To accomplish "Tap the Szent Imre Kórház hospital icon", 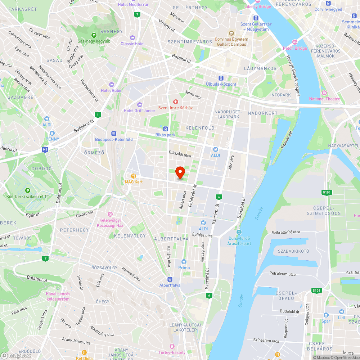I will point(176,102).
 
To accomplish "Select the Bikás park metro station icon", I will point(166,129).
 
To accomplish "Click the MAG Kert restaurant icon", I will point(134,176).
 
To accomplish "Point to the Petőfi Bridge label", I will point(294,48).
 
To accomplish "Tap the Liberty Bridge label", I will point(257,6).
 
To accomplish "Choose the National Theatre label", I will point(324,99).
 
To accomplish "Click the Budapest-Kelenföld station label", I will point(114,139).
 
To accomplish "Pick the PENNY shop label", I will point(53,139).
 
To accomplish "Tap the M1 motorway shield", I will point(45,149).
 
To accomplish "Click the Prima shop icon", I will point(184,262).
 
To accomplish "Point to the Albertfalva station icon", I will point(170,279).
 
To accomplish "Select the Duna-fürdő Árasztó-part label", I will point(239,240).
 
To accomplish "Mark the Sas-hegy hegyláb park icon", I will point(94,35).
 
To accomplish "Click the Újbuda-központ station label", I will point(221,84).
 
